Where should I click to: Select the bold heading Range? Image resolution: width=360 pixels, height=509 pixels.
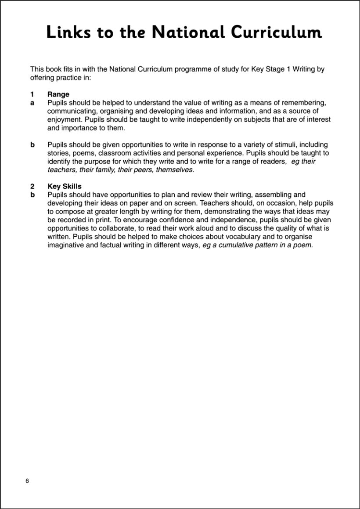[x=58, y=94]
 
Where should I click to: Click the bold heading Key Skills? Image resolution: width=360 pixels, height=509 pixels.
[x=65, y=187]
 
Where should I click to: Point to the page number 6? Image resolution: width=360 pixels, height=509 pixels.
[x=27, y=481]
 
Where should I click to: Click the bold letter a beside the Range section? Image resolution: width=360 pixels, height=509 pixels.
[x=32, y=103]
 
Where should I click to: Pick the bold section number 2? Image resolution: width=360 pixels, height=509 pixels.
[x=32, y=187]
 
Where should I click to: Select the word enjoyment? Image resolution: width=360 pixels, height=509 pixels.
[x=64, y=119]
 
